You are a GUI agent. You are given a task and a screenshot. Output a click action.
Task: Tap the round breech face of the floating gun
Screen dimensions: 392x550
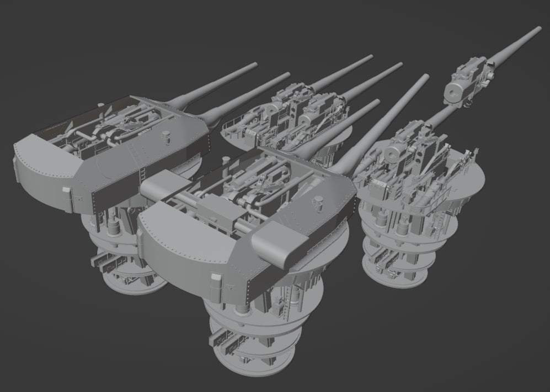(x=456, y=91)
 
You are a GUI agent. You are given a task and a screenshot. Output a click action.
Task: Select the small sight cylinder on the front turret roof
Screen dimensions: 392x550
(x=318, y=202)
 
